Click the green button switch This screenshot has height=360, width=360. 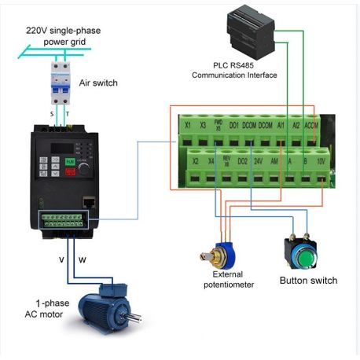click(x=299, y=253)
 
